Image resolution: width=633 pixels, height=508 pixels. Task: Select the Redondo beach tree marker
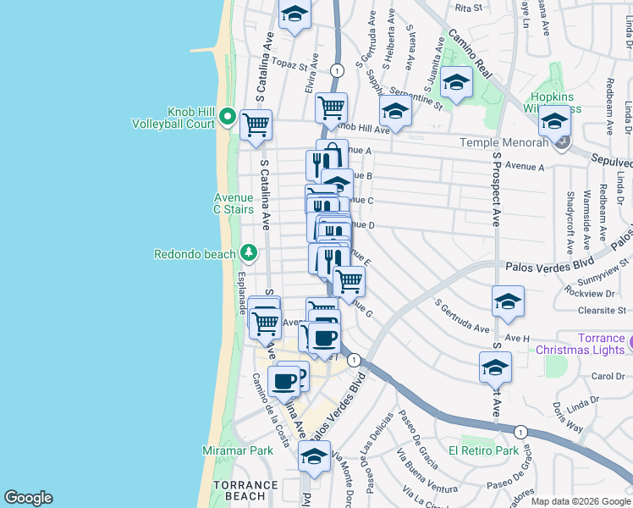(x=248, y=252)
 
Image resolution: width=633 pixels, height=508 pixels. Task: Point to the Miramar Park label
(x=238, y=450)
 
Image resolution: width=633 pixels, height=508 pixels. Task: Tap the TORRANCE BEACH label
(x=245, y=490)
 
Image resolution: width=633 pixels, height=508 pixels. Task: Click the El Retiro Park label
(x=483, y=450)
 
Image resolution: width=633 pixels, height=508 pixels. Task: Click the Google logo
(x=28, y=498)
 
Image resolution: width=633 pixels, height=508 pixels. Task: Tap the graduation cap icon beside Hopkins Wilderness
(x=554, y=124)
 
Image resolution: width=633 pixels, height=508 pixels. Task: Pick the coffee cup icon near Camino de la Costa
(x=283, y=381)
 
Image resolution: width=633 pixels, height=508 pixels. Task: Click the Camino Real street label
(x=469, y=52)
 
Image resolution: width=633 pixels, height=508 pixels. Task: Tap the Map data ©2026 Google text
(x=581, y=501)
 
